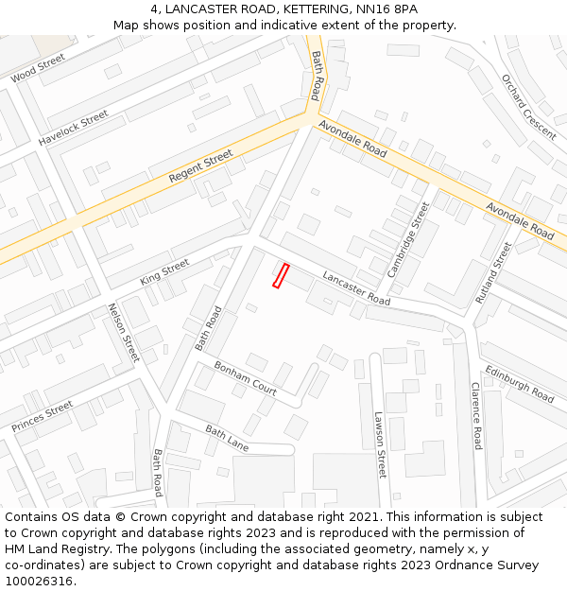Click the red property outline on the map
(281, 275)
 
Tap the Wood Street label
(38, 68)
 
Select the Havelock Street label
(74, 128)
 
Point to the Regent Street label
(200, 166)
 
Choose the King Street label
(164, 273)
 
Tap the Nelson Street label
(124, 332)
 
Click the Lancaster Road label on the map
(356, 287)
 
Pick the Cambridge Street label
(408, 239)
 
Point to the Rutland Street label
(493, 271)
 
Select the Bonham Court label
(245, 377)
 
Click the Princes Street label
(43, 417)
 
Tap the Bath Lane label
(227, 437)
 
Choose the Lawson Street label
(380, 443)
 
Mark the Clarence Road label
(477, 415)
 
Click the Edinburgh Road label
(519, 384)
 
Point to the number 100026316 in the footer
(39, 581)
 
